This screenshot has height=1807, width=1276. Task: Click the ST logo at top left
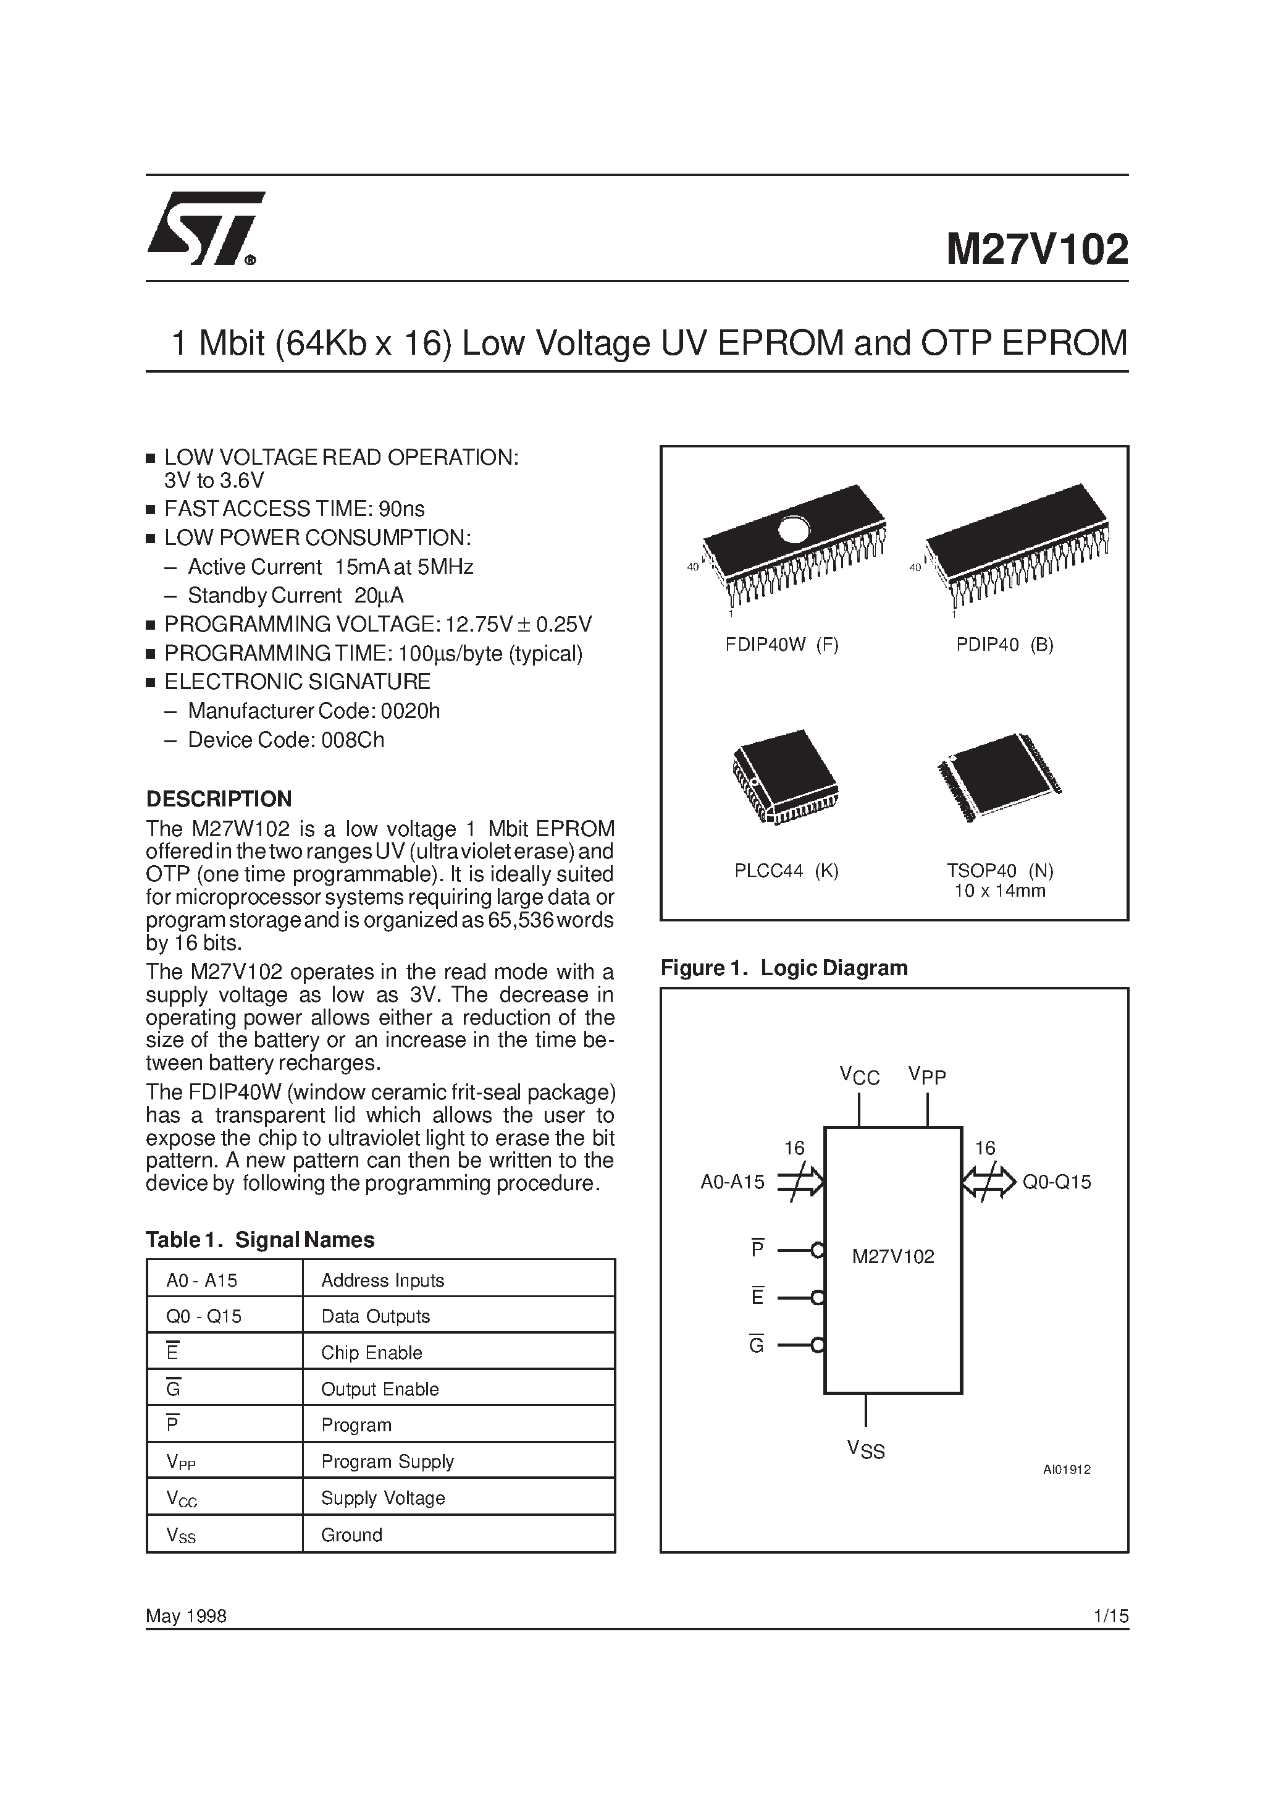point(205,228)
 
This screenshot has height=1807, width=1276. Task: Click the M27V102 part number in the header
point(1037,250)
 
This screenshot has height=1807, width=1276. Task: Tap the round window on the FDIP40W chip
point(793,529)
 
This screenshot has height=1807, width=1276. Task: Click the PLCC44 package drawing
point(784,777)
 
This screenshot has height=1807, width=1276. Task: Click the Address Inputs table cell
point(382,1280)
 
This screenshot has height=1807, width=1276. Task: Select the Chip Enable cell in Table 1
point(371,1353)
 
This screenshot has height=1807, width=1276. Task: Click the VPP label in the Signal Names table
point(181,1462)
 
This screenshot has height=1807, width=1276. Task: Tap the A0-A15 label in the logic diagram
point(732,1182)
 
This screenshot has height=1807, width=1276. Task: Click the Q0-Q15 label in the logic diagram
point(1057,1182)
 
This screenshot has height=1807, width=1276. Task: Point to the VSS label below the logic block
point(865,1449)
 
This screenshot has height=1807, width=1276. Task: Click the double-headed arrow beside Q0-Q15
point(989,1182)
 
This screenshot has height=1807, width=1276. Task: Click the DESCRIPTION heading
point(219,799)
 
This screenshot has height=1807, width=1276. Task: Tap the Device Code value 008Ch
point(353,740)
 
